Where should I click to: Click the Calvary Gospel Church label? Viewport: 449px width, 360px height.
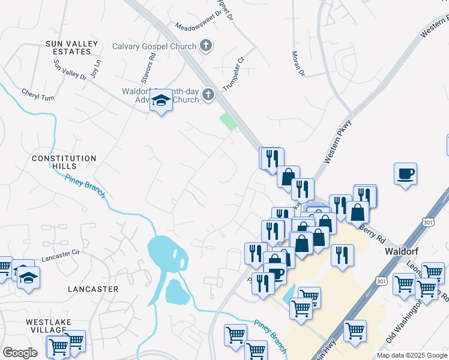coord(154,46)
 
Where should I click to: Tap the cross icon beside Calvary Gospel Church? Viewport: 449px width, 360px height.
coord(206,46)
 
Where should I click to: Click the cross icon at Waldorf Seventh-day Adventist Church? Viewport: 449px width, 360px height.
coord(208,94)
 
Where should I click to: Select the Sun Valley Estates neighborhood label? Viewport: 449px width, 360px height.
coord(69,47)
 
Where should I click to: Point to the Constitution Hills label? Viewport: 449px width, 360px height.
coord(64,162)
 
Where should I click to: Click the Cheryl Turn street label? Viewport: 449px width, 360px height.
coord(38,94)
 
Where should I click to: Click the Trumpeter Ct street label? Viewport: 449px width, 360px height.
coord(235,73)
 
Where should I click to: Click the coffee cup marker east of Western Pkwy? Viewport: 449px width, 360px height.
coord(406,174)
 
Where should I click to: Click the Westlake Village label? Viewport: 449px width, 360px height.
coord(47,326)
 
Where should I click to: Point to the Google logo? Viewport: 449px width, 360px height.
coord(20,353)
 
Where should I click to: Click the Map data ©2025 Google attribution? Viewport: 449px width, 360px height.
coord(412,355)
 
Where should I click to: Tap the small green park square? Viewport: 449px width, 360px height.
coord(228,122)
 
